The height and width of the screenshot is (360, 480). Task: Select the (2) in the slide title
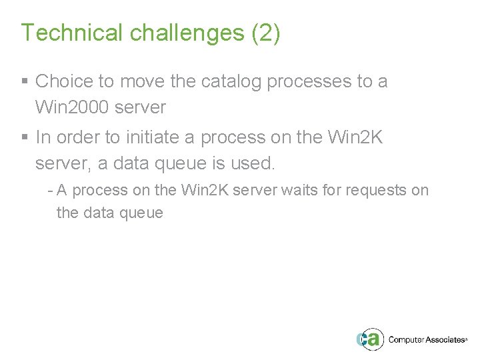[x=266, y=33]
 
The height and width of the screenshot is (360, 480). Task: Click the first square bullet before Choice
[x=25, y=82]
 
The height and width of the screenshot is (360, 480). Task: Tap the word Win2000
[x=70, y=107]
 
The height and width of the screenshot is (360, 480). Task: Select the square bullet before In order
[x=25, y=138]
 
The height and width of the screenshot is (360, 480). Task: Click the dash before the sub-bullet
[x=51, y=191]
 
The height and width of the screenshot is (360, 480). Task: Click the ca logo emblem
[x=369, y=339]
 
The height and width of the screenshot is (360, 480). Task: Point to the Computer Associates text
[x=427, y=339]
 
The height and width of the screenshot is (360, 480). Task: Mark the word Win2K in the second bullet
[x=355, y=138]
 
